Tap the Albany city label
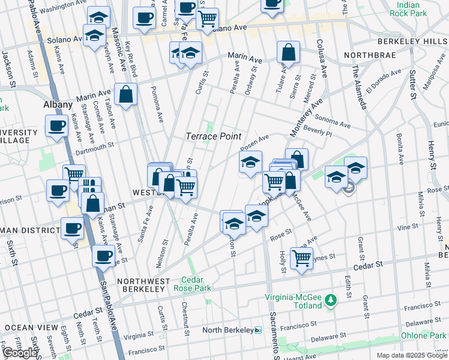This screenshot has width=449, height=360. tap(58, 104)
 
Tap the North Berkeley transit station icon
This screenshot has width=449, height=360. tap(258, 330)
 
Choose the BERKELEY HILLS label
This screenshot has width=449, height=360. tap(412, 41)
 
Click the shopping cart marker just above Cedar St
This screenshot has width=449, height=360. tap(301, 259)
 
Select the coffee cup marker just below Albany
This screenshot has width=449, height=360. tap(58, 126)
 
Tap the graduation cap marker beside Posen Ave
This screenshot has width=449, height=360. tap(250, 161)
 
